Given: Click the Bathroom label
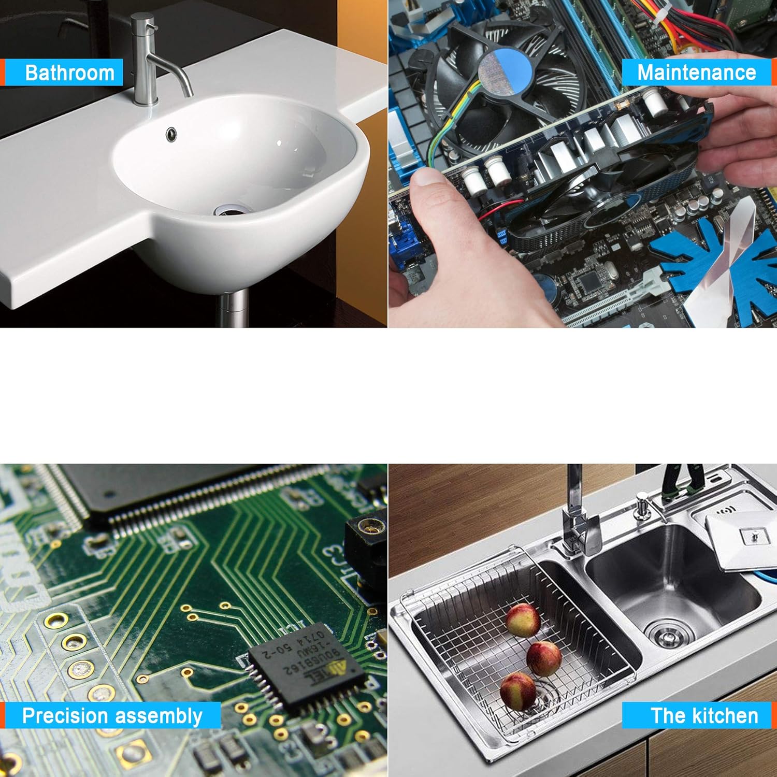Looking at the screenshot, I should pos(69,73).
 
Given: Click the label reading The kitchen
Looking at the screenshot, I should pos(704,716).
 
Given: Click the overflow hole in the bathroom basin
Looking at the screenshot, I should pos(171,134).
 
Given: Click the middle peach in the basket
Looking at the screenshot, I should pos(544,658).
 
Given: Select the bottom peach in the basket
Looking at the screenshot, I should pos(518,691).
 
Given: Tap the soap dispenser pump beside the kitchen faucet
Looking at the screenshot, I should pos(643,505).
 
